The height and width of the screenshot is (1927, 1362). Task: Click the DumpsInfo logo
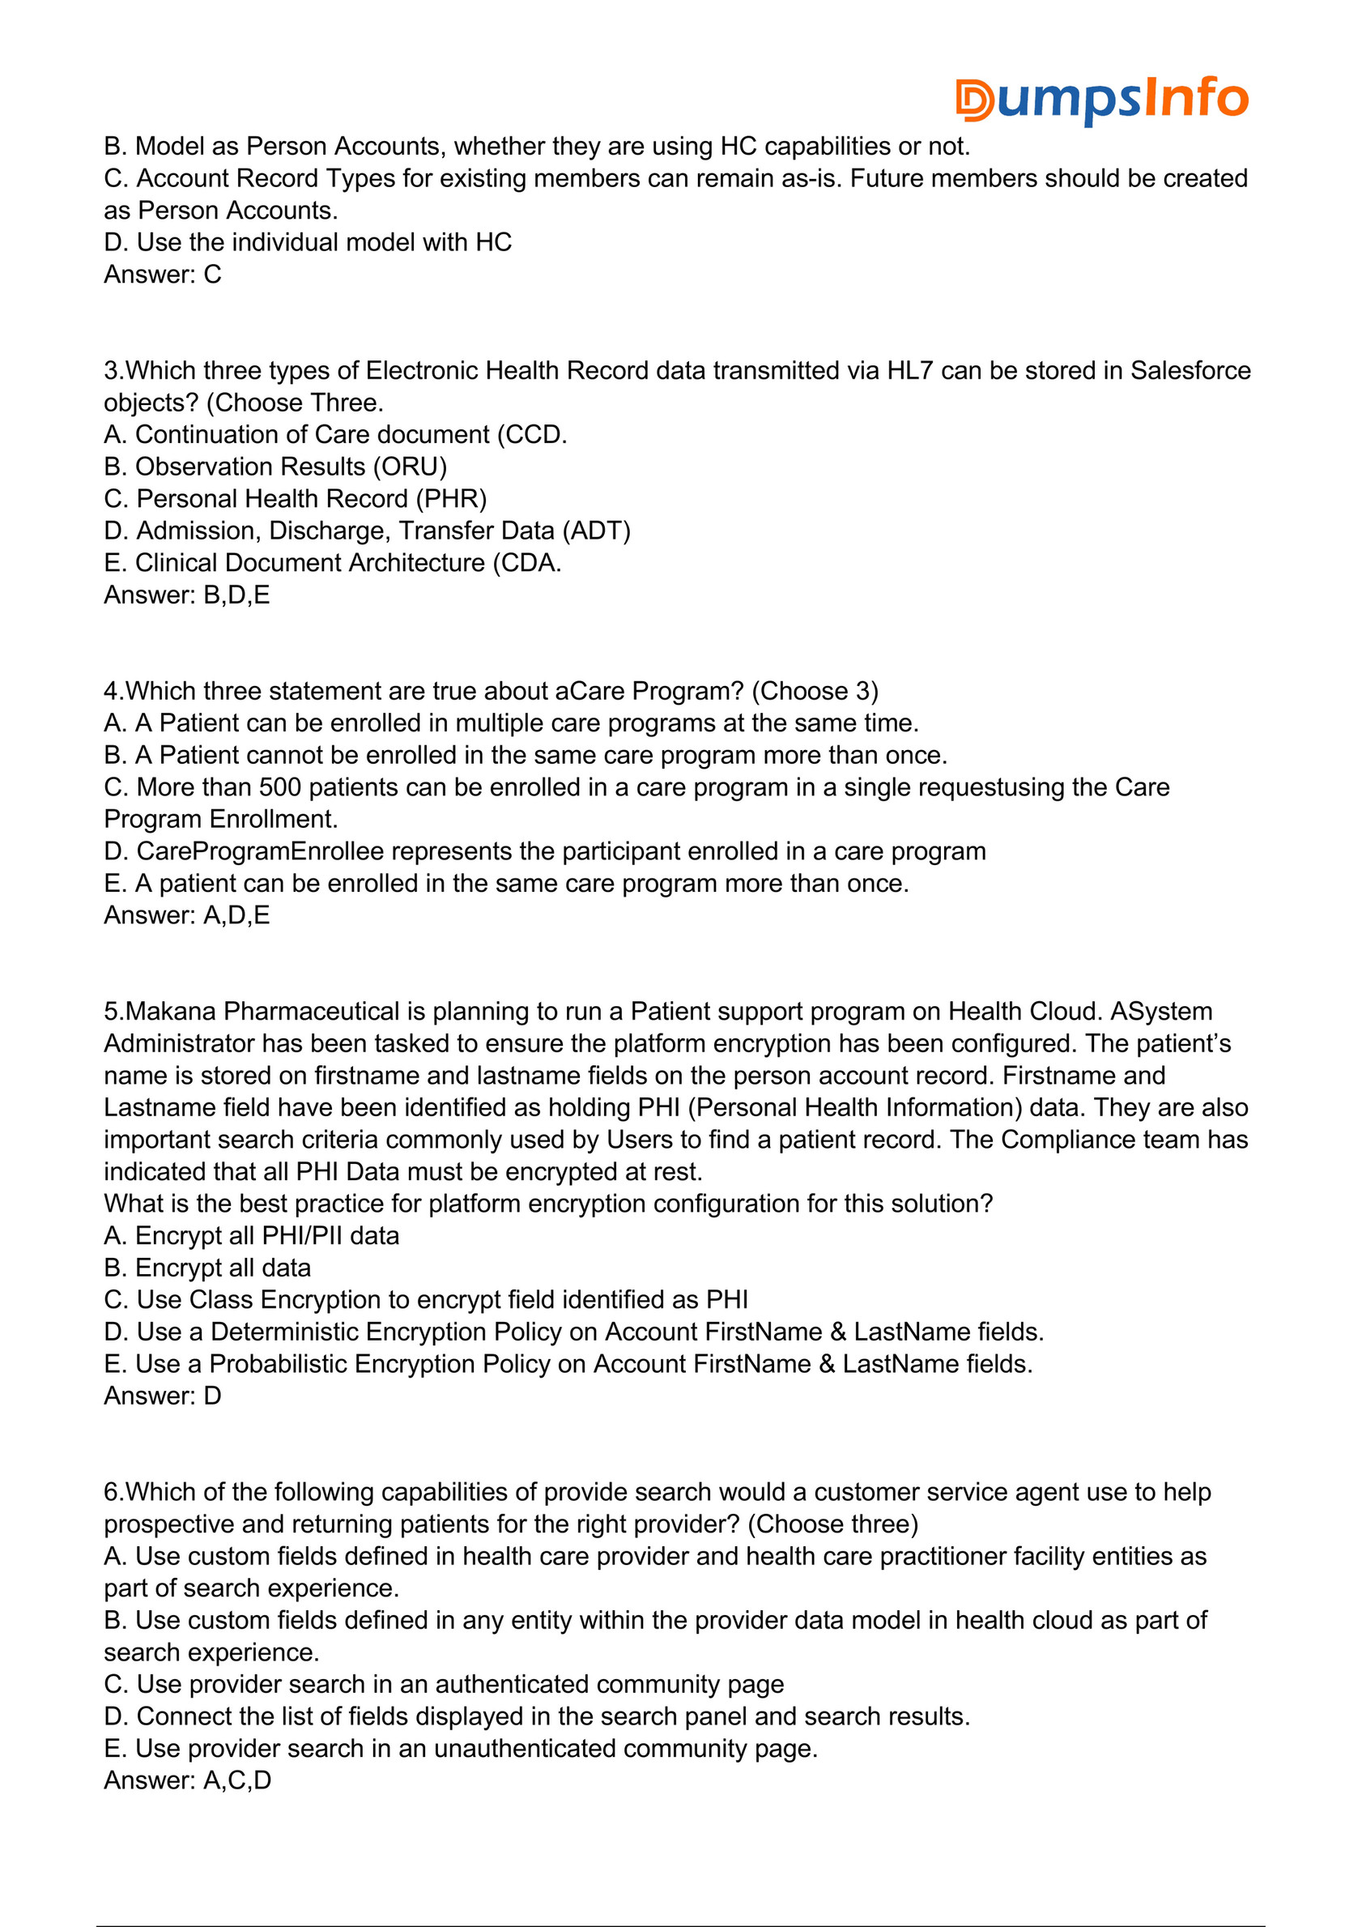(1101, 99)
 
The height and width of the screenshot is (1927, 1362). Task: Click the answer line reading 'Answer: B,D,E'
(186, 595)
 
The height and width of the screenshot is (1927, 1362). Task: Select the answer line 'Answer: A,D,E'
(186, 914)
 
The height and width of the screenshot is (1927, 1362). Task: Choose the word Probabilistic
(277, 1364)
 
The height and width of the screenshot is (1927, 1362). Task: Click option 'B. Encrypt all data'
(207, 1268)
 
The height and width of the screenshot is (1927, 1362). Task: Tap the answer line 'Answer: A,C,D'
(187, 1780)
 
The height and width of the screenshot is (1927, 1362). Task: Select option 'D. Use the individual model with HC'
(307, 241)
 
